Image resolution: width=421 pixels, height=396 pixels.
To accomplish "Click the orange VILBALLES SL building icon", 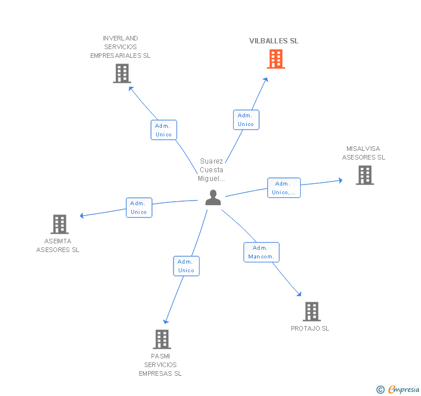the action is pyautogui.click(x=276, y=59).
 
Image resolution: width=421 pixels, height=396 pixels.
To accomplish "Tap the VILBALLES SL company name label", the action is pyautogui.click(x=274, y=41).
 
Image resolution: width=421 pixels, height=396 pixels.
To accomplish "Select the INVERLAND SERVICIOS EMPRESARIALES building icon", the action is pyautogui.click(x=122, y=73).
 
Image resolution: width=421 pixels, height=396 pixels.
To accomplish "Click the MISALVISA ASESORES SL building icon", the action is pyautogui.click(x=365, y=175).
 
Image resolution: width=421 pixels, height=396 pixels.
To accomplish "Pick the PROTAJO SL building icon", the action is pyautogui.click(x=312, y=312).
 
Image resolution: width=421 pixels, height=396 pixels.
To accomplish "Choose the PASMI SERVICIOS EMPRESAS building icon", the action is pyautogui.click(x=162, y=339).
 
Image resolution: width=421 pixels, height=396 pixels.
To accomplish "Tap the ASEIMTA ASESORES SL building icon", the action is pyautogui.click(x=60, y=224).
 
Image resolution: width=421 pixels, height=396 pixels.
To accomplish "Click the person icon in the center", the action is pyautogui.click(x=213, y=198).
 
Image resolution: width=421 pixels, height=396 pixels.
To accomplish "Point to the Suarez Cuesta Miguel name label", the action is pyautogui.click(x=211, y=170).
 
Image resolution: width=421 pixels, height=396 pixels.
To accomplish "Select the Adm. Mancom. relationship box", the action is pyautogui.click(x=261, y=253).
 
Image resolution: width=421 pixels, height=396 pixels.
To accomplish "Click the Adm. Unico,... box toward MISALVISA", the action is pyautogui.click(x=284, y=188).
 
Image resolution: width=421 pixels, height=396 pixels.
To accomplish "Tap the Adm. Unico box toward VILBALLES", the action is pyautogui.click(x=246, y=120).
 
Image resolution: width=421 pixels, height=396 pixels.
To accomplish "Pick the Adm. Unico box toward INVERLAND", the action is pyautogui.click(x=164, y=130).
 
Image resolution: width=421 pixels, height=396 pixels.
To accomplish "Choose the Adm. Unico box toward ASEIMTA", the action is pyautogui.click(x=139, y=208).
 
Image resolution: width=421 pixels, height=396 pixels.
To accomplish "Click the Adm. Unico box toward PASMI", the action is pyautogui.click(x=186, y=266).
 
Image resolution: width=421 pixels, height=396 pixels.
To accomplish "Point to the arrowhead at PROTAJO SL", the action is pyautogui.click(x=299, y=294).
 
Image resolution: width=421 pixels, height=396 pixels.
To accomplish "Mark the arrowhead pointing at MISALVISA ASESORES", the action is pyautogui.click(x=341, y=180).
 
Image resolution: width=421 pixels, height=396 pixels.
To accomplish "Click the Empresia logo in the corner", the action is pyautogui.click(x=398, y=389).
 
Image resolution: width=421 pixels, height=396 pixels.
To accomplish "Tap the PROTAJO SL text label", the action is pyautogui.click(x=310, y=328).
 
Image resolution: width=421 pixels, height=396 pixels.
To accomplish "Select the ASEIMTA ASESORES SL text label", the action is pyautogui.click(x=58, y=245).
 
